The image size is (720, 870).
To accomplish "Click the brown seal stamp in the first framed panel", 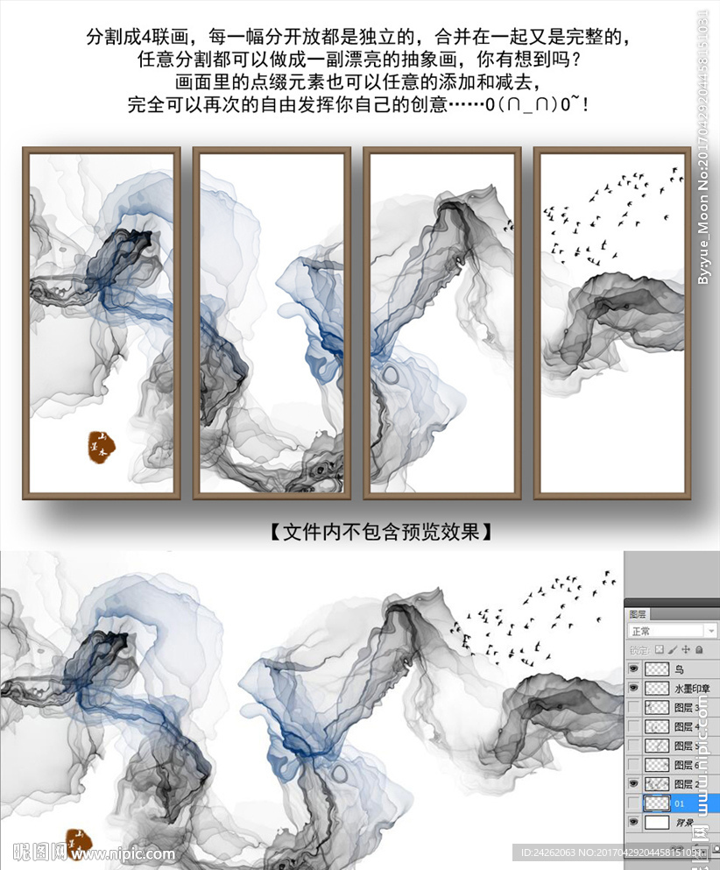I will tap(102, 447).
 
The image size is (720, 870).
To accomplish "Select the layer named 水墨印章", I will tap(690, 689).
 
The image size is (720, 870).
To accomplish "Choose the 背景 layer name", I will tap(685, 823).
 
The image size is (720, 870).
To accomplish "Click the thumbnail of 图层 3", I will tap(656, 708).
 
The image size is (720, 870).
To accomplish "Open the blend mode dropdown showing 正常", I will tap(671, 631).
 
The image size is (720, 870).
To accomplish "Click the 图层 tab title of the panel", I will tap(638, 614).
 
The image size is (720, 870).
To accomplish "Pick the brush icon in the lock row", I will tap(673, 650).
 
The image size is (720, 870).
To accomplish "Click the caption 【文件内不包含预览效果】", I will tap(375, 532).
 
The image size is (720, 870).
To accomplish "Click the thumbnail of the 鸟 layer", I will tap(656, 669).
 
